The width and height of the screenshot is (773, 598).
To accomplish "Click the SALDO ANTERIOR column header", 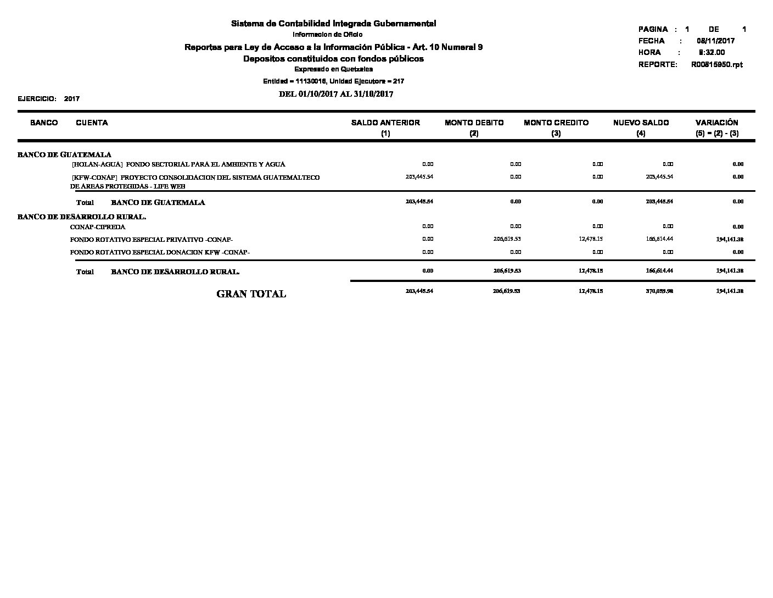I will [x=385, y=123].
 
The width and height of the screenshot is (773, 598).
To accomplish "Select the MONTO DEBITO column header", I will [x=474, y=123].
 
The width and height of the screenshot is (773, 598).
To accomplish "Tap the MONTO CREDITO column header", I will [x=556, y=123].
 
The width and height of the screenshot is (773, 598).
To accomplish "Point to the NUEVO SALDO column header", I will [x=641, y=123].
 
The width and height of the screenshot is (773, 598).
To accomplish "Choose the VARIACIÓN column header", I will [x=716, y=123].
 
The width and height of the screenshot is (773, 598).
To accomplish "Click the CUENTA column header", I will [x=92, y=123].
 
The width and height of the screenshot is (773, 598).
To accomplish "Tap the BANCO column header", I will [x=44, y=123].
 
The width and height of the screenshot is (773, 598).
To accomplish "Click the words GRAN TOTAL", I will [x=251, y=294].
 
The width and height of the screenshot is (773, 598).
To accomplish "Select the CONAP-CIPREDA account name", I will [x=98, y=227].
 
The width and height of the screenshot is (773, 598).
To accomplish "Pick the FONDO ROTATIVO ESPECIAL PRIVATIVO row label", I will [x=152, y=240].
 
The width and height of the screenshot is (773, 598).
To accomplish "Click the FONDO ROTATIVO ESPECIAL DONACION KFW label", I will [x=160, y=253].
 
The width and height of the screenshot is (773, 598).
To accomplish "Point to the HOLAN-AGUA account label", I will [x=178, y=164].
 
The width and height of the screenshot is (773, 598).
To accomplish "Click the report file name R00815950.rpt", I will [x=716, y=65].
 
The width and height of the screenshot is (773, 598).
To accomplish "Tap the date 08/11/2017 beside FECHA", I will [x=715, y=41].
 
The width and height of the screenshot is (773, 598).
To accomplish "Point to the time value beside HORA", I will [x=712, y=53].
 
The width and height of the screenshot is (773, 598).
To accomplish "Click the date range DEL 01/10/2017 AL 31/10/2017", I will [x=336, y=94].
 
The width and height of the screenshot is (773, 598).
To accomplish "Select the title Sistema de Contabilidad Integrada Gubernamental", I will [x=333, y=24].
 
